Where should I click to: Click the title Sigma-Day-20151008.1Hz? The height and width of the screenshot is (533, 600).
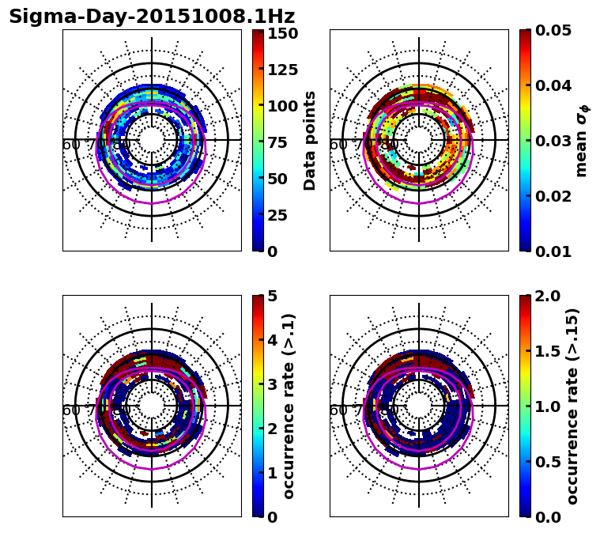pyautogui.click(x=152, y=17)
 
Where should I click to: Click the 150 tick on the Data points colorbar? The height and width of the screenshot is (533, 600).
pyautogui.click(x=282, y=33)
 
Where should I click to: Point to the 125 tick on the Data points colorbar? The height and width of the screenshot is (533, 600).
pyautogui.click(x=282, y=70)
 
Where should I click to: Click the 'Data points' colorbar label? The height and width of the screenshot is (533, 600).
pyautogui.click(x=310, y=140)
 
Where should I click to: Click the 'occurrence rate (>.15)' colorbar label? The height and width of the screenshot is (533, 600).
pyautogui.click(x=573, y=406)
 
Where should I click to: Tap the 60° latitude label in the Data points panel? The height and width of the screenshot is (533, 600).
pyautogui.click(x=70, y=145)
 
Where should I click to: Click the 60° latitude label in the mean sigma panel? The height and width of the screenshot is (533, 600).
pyautogui.click(x=338, y=145)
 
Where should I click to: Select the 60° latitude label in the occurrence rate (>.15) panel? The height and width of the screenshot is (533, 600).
pyautogui.click(x=338, y=410)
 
